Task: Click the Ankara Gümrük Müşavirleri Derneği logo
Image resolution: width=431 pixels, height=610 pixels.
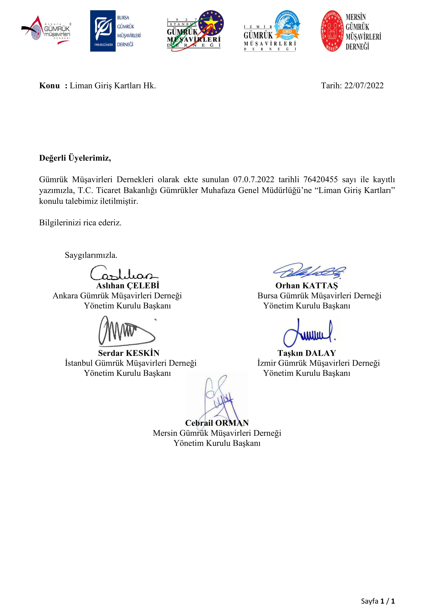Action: point(46,31)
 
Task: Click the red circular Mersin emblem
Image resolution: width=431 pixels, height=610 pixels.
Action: point(332,31)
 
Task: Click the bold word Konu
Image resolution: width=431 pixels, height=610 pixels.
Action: point(50,86)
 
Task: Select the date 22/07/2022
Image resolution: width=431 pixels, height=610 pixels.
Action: point(364,86)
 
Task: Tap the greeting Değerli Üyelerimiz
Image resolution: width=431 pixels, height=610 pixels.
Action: point(75,158)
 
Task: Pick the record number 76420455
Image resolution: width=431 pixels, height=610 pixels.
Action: point(320,179)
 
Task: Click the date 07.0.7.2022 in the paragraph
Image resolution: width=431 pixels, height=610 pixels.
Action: point(254,179)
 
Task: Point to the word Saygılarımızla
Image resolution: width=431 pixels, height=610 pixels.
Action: point(91,255)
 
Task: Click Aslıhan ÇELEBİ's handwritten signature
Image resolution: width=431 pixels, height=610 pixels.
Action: point(124,273)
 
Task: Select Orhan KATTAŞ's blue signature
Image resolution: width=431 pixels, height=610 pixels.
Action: point(309,271)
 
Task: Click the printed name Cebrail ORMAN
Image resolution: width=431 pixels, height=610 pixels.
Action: point(217,423)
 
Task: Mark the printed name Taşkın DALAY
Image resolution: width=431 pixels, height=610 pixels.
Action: point(307,353)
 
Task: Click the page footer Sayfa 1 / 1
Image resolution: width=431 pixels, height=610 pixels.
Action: point(378,601)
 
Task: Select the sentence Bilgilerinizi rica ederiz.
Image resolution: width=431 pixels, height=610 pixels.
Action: point(80,222)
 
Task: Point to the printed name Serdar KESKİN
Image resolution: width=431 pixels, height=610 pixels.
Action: point(129,353)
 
